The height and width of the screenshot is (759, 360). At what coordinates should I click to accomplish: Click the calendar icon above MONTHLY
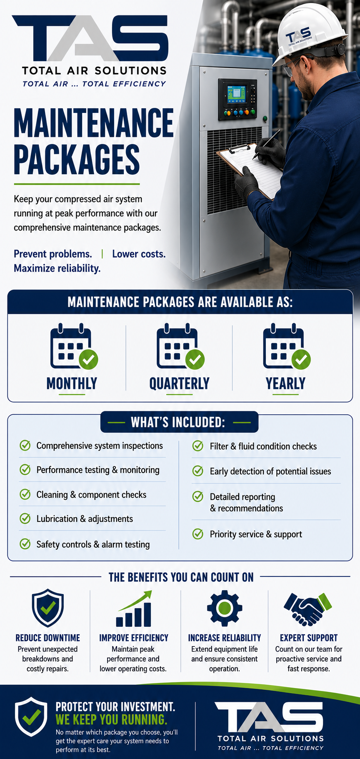tap(74, 346)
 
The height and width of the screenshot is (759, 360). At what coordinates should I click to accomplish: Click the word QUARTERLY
tap(180, 383)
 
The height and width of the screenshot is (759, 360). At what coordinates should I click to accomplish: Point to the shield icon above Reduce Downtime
tap(48, 608)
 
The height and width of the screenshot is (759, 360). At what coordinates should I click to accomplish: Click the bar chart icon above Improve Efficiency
tap(134, 609)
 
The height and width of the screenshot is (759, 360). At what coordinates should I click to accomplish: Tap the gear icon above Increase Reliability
tap(225, 608)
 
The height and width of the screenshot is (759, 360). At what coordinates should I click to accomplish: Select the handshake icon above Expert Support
tap(307, 609)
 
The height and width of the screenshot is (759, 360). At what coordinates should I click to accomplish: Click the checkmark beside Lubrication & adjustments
tap(25, 519)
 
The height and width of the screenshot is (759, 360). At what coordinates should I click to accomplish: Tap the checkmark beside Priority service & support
tap(197, 534)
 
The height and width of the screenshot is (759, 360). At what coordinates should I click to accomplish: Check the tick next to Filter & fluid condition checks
tap(197, 446)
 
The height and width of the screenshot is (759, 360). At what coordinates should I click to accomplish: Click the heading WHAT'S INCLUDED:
tap(178, 422)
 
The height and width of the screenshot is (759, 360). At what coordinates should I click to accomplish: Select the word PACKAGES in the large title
tap(77, 159)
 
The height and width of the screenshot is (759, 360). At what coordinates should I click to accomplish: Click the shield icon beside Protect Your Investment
tap(31, 717)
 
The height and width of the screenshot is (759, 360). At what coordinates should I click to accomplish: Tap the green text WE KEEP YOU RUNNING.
tap(111, 720)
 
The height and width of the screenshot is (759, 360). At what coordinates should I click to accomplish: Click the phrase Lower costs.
tap(139, 254)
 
